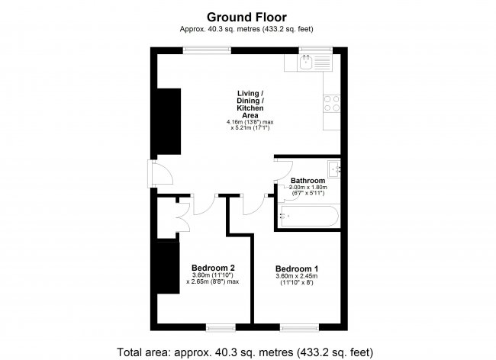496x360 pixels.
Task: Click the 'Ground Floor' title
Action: click(x=247, y=16)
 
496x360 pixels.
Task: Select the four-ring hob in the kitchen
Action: click(x=332, y=103)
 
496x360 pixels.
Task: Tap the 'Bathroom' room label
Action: click(x=308, y=180)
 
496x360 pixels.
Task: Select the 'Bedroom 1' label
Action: click(x=297, y=268)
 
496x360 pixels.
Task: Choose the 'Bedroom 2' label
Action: click(x=212, y=267)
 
